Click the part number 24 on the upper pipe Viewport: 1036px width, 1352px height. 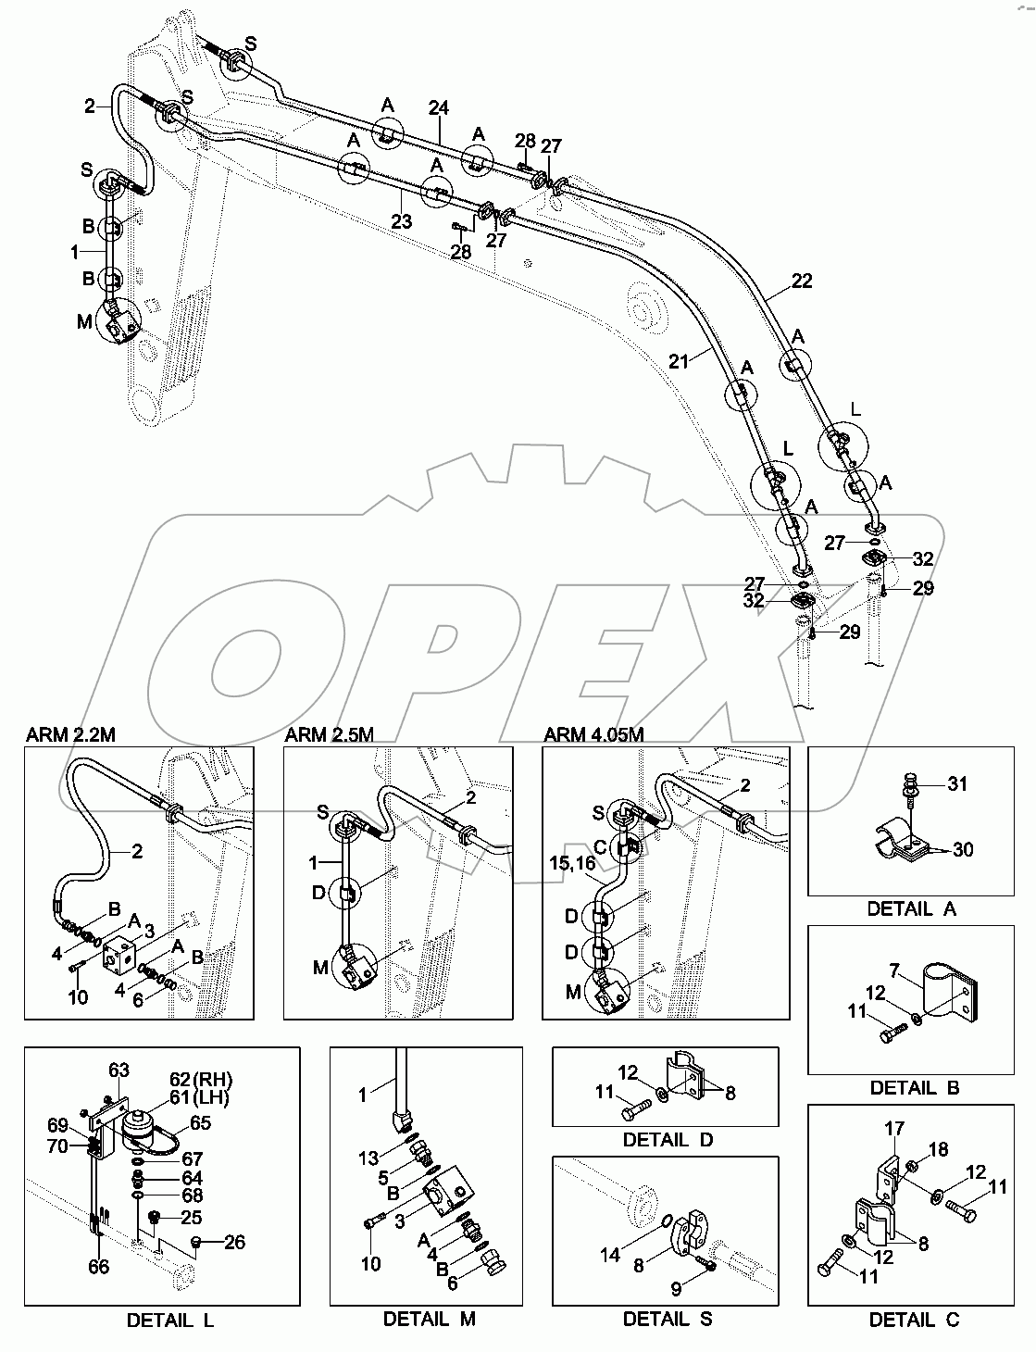coord(438,108)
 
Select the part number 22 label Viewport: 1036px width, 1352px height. coord(801,281)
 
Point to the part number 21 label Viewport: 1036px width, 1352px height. coord(680,361)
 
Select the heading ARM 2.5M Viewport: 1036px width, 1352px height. coord(329,735)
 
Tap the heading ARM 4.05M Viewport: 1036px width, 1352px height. coord(593,735)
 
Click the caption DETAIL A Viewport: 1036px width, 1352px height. coord(911,908)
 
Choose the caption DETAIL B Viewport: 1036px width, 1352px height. coord(911,1087)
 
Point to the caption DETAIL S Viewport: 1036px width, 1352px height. coord(667,1319)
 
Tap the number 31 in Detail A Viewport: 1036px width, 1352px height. coord(956,784)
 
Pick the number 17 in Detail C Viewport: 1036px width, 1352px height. coord(893,1129)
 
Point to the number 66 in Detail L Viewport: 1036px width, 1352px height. coord(99,1266)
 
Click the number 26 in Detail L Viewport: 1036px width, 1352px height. coord(235,1243)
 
